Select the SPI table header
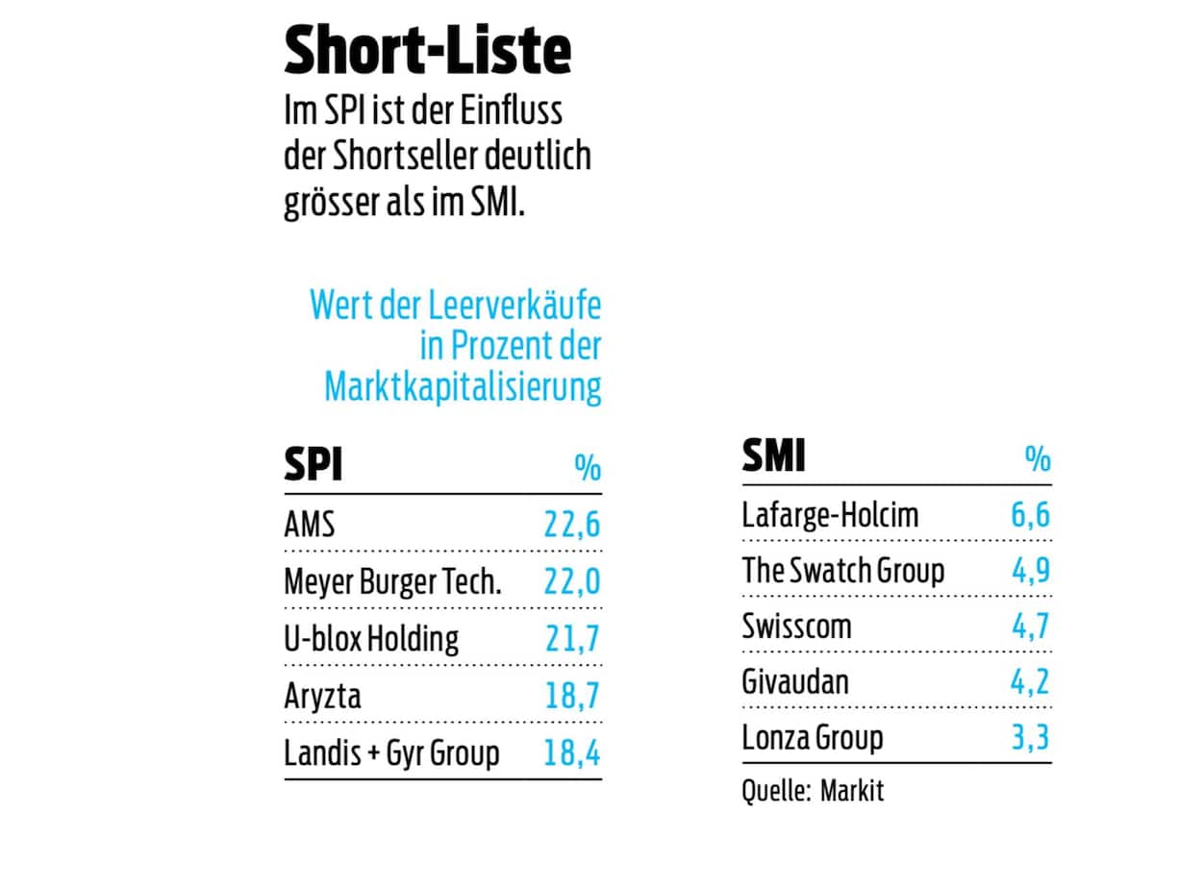[313, 465]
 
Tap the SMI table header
[773, 455]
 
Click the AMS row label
[310, 525]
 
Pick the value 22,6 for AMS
[572, 525]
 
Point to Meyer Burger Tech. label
[392, 581]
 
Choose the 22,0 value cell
[572, 581]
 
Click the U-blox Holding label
[371, 638]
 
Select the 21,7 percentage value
[572, 638]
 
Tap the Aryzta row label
[322, 695]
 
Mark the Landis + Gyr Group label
[391, 752]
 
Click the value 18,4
[572, 752]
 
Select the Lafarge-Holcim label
[830, 515]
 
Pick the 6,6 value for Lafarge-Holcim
[1030, 515]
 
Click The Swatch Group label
[842, 571]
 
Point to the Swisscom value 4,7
[1030, 627]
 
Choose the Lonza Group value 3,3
[1030, 738]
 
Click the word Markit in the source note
[851, 791]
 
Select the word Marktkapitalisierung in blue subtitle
[463, 386]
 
